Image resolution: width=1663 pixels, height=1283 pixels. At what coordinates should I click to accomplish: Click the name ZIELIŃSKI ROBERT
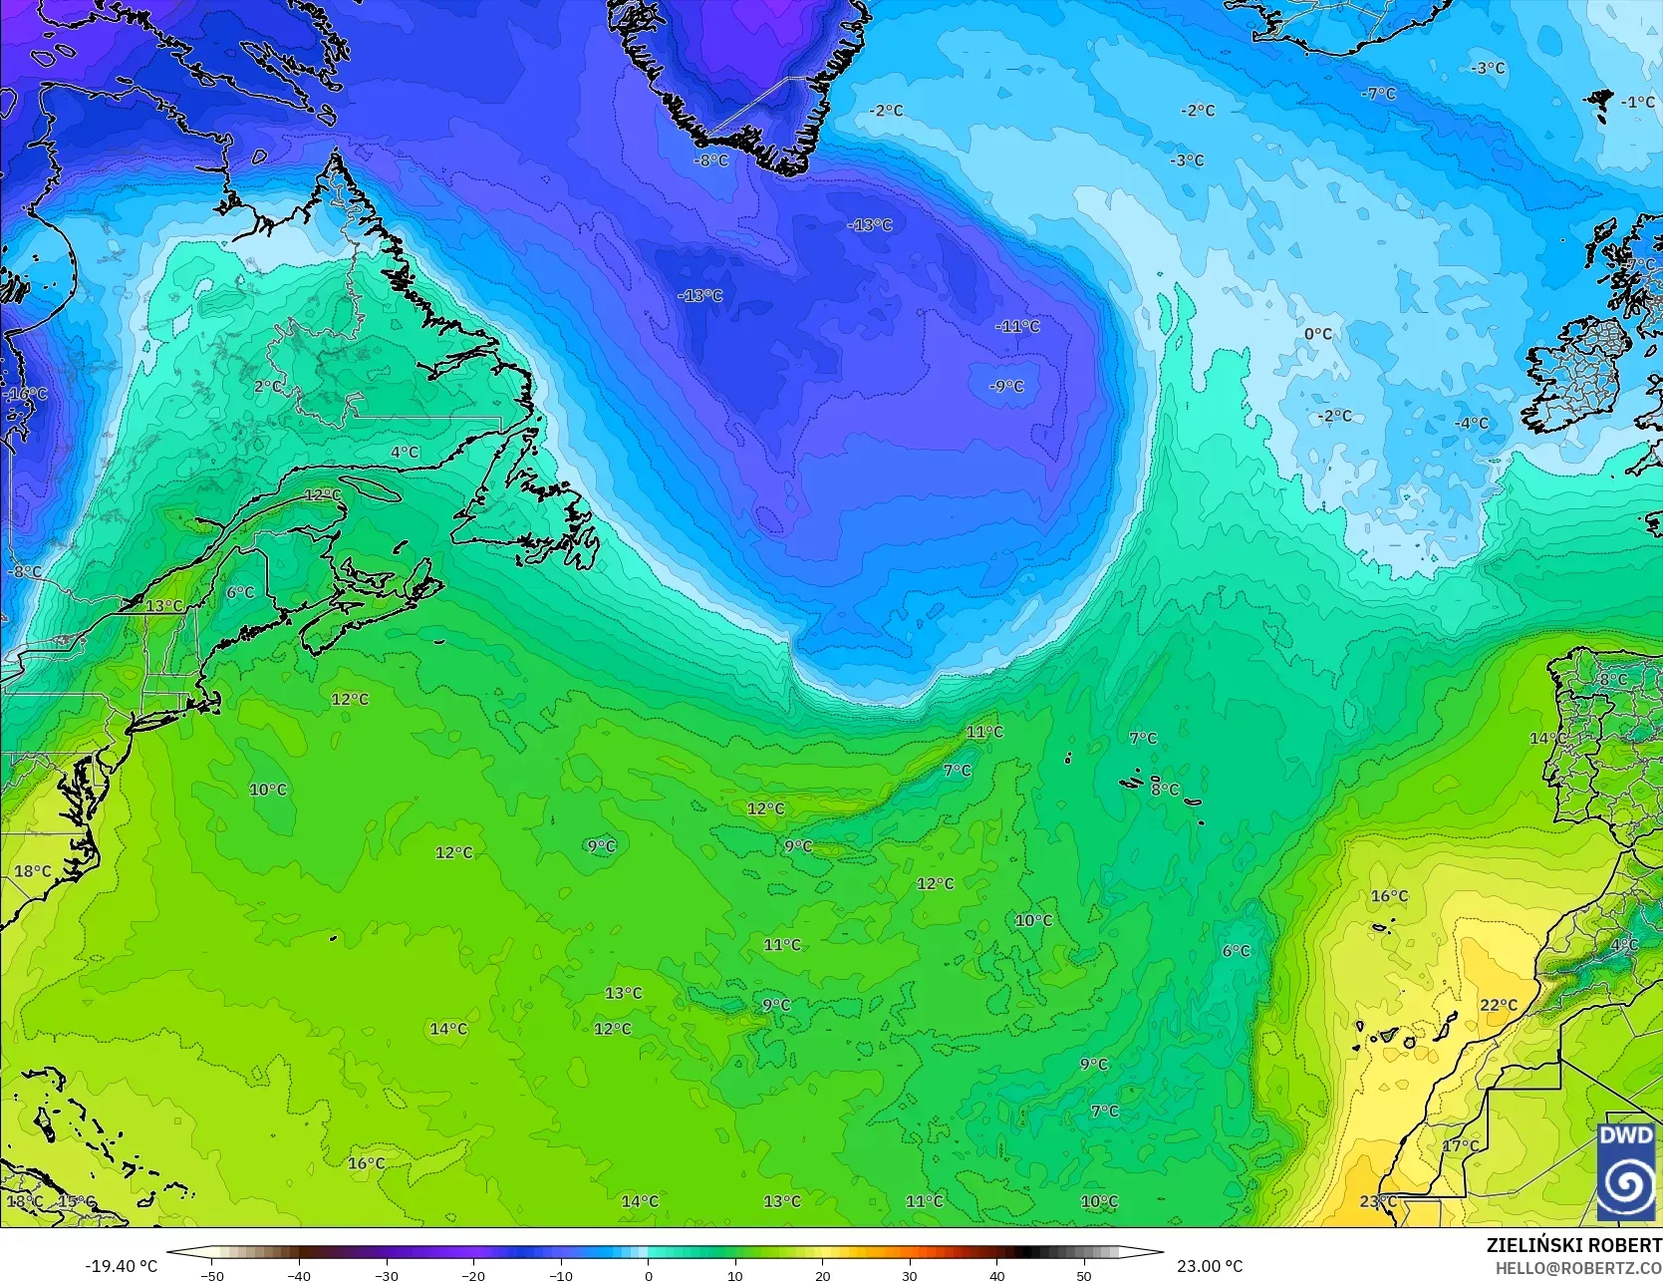tap(1573, 1245)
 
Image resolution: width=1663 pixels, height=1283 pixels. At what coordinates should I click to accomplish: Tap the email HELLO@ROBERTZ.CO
tap(1587, 1266)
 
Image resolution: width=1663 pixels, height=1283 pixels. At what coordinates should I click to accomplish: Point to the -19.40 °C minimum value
tap(121, 1266)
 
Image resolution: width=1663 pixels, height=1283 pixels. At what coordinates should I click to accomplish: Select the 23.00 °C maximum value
tap(1209, 1266)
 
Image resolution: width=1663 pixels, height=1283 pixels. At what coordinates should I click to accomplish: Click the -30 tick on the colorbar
tap(387, 1275)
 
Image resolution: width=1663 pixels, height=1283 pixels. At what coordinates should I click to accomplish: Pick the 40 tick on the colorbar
tap(997, 1275)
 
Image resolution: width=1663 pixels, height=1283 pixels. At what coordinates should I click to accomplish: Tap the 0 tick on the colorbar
tap(648, 1275)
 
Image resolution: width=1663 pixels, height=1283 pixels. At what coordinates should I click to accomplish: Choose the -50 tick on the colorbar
tap(211, 1275)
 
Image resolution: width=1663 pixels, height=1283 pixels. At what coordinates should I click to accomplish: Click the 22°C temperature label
tap(1498, 1005)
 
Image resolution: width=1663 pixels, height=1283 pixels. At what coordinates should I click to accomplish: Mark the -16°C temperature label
tap(27, 394)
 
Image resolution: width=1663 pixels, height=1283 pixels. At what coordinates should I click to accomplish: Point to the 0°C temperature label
tap(1317, 334)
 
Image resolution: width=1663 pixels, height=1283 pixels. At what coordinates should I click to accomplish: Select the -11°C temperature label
tap(1017, 326)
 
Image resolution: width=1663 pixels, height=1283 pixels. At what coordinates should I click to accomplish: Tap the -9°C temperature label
tap(1006, 387)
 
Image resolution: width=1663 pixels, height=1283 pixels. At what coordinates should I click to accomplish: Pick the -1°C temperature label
tap(1637, 103)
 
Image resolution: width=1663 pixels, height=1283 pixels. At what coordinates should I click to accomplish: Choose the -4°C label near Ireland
tap(1471, 424)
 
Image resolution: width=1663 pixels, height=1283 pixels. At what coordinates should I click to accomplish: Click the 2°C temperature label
tap(267, 387)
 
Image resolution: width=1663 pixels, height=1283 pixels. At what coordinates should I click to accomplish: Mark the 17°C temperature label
tap(1461, 1146)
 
